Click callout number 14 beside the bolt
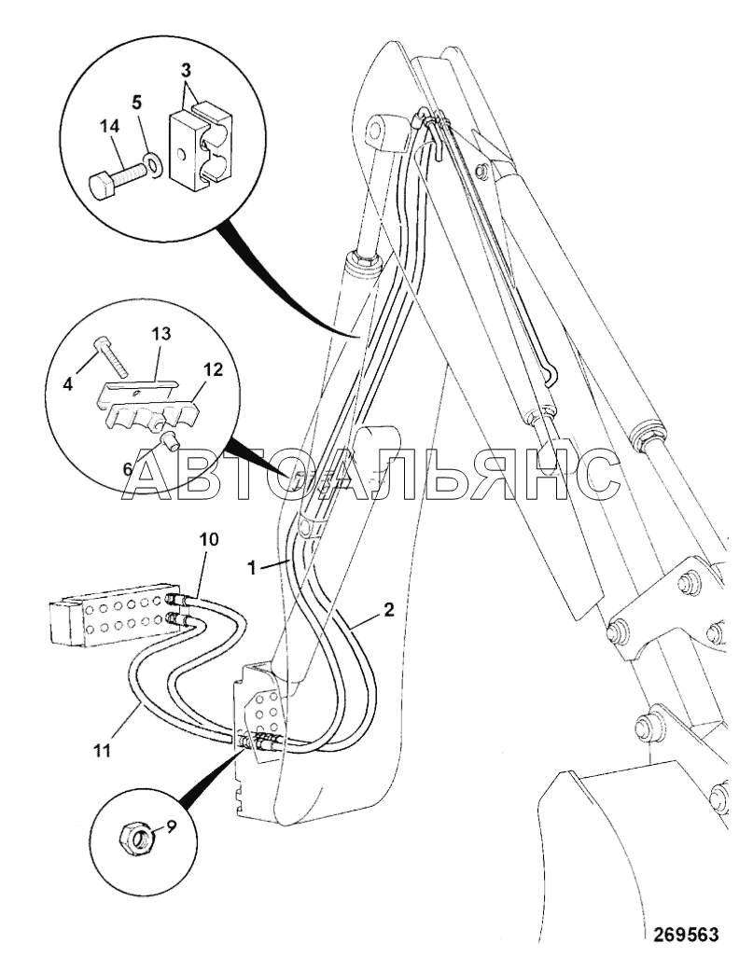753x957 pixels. pos(110,128)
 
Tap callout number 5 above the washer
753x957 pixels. pos(136,103)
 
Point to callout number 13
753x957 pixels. pos(161,334)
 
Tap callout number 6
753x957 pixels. pos(127,468)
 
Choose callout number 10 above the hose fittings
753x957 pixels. pos(208,539)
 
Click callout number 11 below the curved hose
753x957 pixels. pos(103,750)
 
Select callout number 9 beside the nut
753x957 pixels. pos(171,827)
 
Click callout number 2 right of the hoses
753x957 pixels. pos(388,610)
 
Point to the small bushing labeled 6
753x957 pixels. pos(171,441)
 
